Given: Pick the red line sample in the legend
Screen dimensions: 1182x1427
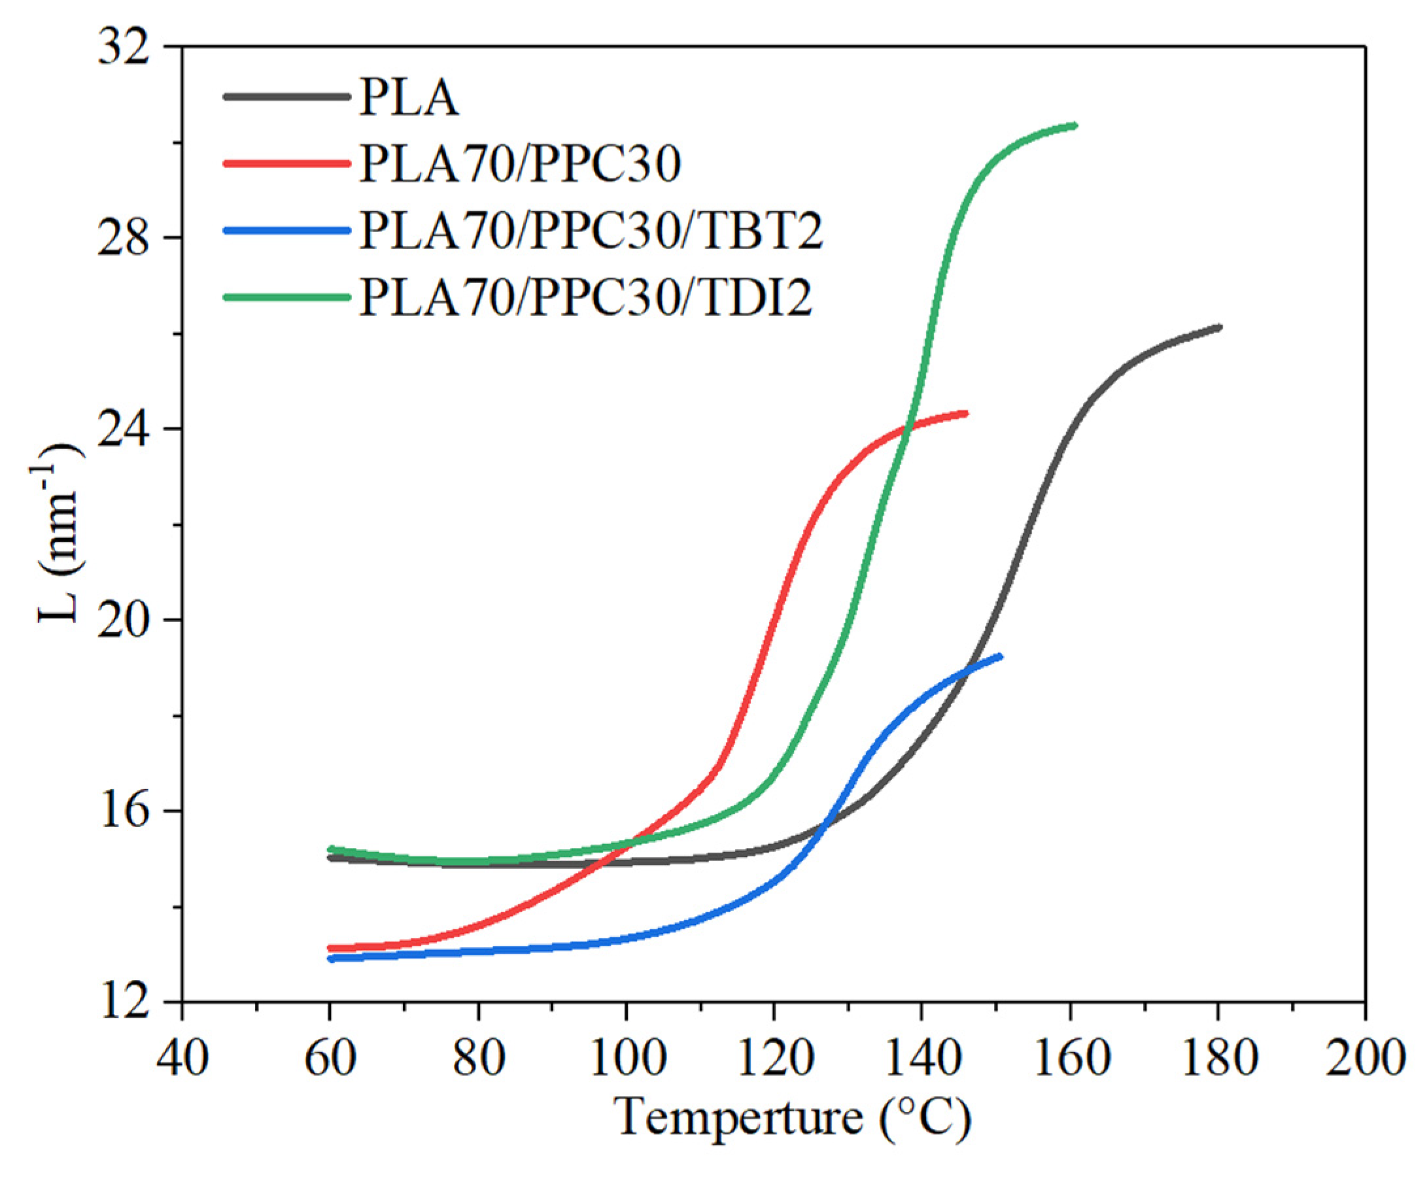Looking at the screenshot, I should [x=285, y=163].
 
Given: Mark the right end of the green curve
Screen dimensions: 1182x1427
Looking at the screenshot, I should [x=1075, y=125].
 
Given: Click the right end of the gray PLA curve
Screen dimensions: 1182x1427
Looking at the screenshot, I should [x=1220, y=328].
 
